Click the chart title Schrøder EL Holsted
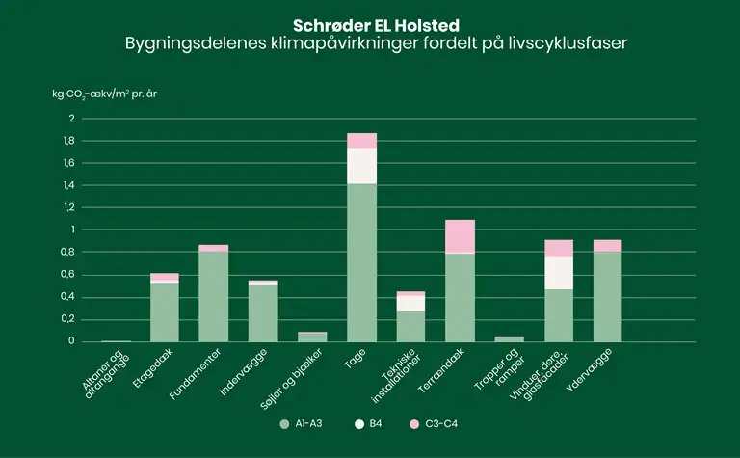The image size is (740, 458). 370,23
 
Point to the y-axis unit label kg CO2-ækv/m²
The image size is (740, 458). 111,95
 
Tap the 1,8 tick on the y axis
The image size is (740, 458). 68,141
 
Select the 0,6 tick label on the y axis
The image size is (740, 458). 68,274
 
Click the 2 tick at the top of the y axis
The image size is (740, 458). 71,119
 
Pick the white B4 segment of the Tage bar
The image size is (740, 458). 361,166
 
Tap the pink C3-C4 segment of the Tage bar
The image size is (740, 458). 361,141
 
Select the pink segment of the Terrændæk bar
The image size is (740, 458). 460,236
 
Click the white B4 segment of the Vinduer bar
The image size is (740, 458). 558,273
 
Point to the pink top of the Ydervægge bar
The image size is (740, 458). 607,245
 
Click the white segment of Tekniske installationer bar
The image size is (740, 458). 410,303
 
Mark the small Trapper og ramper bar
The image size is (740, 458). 509,338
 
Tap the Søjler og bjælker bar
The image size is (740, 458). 312,337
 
